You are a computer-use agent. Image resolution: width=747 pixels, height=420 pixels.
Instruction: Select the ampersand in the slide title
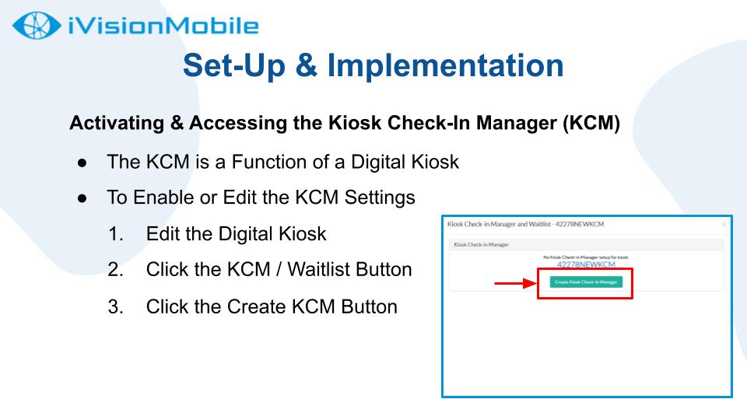(306, 65)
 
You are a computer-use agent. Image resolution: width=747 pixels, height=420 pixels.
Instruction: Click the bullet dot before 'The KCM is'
(82, 163)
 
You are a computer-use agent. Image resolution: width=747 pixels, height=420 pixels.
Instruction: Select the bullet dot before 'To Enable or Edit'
(82, 198)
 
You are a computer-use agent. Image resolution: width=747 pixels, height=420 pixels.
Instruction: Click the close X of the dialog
(724, 225)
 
